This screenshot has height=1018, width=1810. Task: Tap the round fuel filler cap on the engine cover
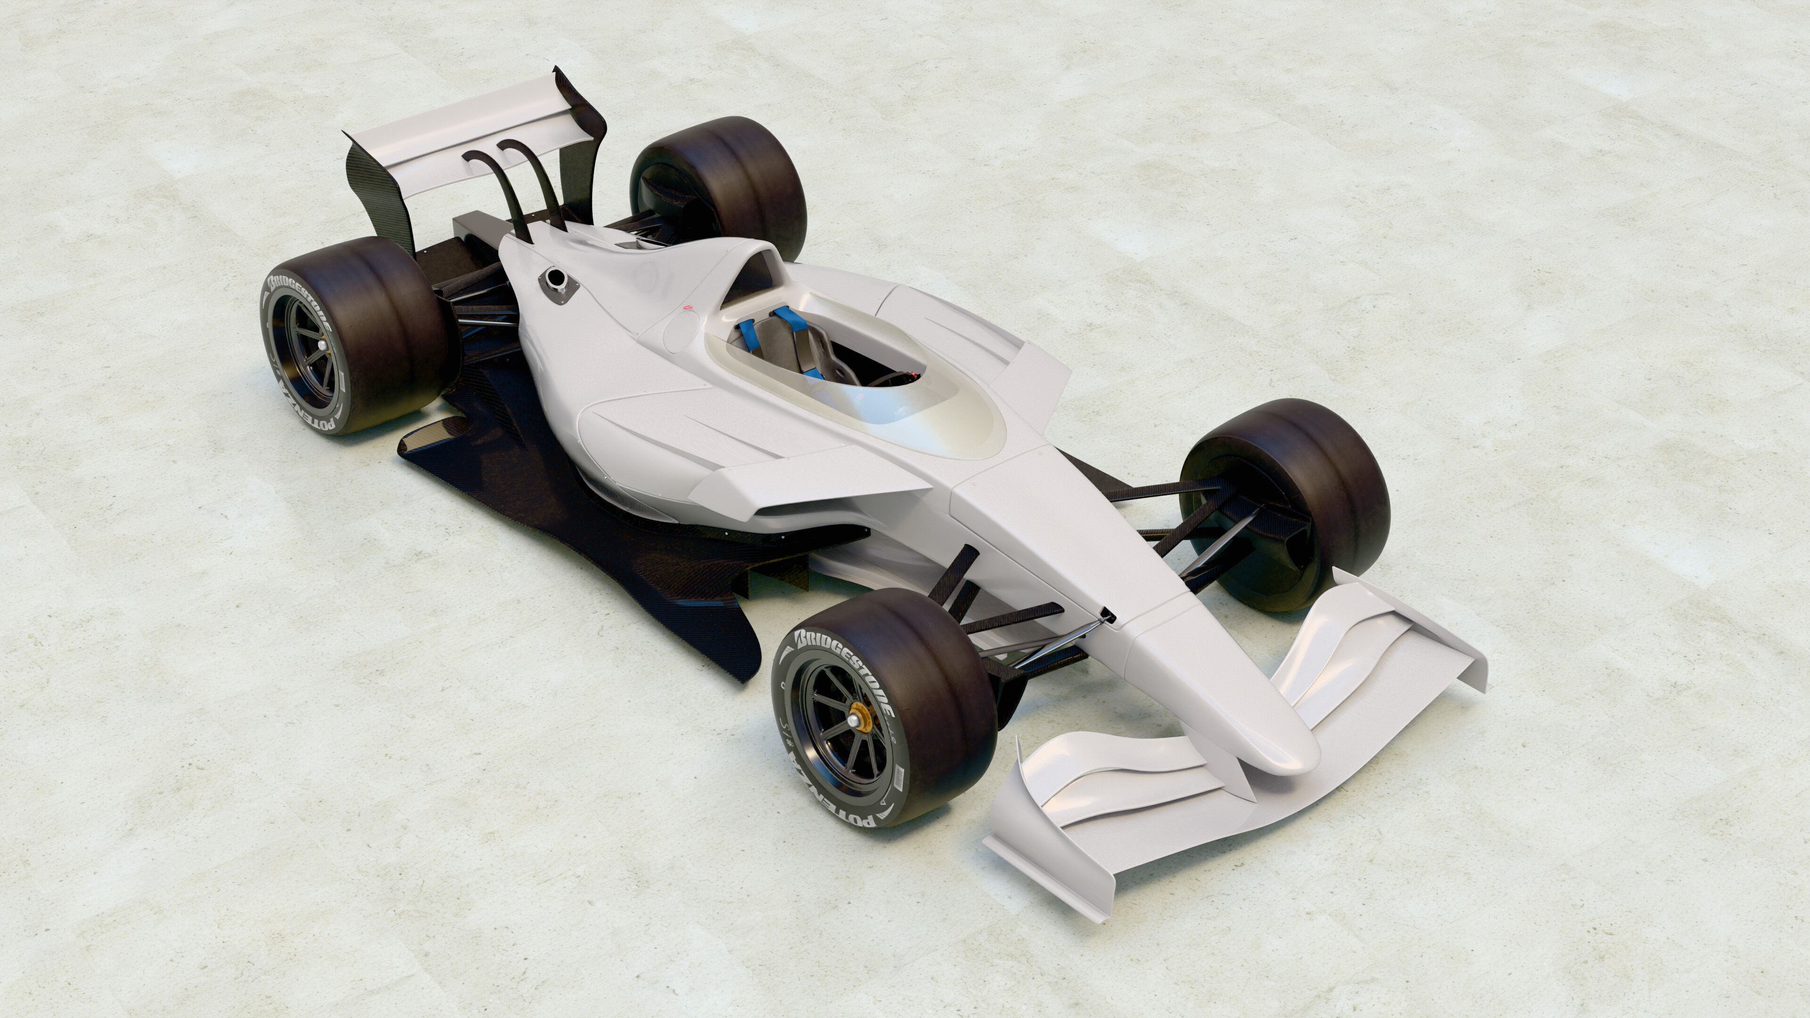point(555,278)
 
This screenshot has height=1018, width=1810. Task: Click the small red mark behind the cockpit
point(688,308)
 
